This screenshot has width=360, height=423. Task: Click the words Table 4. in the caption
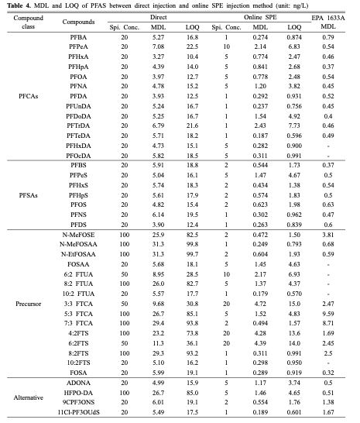tap(19, 5)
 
